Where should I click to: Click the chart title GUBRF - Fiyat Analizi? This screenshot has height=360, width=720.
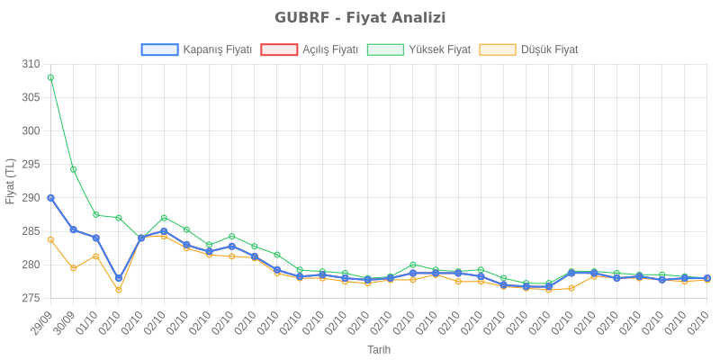(360, 18)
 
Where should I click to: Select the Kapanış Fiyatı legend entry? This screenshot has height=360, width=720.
(195, 49)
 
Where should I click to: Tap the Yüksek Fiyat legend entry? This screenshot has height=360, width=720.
(418, 49)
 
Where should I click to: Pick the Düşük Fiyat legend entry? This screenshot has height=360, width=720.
(529, 49)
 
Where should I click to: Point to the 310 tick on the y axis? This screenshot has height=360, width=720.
(31, 64)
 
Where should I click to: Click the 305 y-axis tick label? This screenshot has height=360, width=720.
(31, 97)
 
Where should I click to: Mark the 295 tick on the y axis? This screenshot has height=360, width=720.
(31, 164)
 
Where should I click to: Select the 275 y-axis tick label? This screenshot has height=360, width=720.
(31, 298)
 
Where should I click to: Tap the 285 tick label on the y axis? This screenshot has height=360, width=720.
(31, 231)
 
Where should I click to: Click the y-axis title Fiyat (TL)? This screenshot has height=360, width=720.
(10, 181)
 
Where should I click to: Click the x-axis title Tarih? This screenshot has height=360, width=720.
(379, 348)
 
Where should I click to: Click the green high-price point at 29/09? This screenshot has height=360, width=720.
(50, 77)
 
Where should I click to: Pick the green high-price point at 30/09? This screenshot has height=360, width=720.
(73, 169)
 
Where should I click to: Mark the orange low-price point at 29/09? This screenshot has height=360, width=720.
(50, 239)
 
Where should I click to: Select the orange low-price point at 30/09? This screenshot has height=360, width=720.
(73, 268)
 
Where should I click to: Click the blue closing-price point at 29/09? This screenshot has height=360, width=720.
(50, 197)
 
